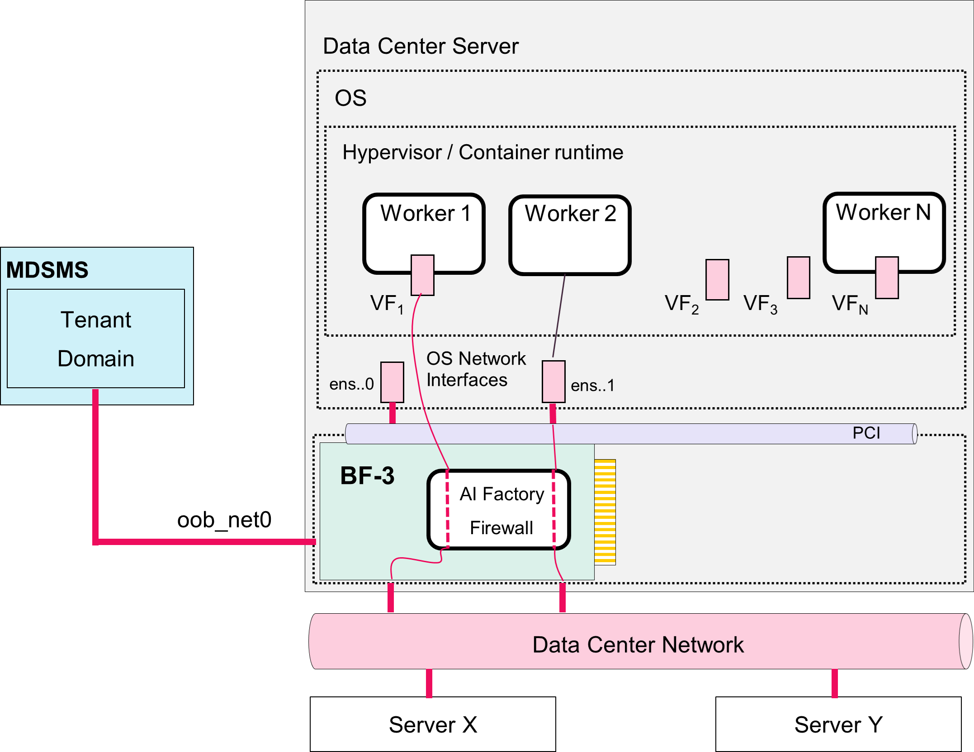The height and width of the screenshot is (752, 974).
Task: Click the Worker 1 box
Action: (424, 234)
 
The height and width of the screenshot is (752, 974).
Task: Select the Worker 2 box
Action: (570, 235)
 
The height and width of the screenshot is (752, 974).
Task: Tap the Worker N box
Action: (884, 232)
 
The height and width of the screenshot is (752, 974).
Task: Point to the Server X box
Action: (433, 724)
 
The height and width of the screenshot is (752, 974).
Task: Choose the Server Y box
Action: (838, 724)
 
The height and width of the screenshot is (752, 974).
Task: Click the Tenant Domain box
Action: (96, 338)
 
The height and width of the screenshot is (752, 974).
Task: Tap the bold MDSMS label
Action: (47, 270)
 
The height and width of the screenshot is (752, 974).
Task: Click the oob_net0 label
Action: (224, 520)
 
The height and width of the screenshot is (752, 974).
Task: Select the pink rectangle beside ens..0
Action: (392, 382)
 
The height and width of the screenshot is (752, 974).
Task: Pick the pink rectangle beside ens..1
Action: (553, 381)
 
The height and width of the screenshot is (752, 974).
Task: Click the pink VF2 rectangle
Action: (717, 279)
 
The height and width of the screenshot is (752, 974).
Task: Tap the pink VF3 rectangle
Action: (798, 277)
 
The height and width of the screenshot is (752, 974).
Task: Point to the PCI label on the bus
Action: (866, 433)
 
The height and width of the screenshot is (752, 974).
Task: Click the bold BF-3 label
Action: (367, 476)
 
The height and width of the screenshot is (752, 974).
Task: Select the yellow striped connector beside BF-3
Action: (605, 512)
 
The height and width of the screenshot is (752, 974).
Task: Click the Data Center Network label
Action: (638, 644)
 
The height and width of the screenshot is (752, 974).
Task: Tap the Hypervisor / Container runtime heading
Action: (482, 152)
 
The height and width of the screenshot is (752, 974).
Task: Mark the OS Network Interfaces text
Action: (476, 369)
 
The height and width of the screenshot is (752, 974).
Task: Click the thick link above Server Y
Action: (835, 683)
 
